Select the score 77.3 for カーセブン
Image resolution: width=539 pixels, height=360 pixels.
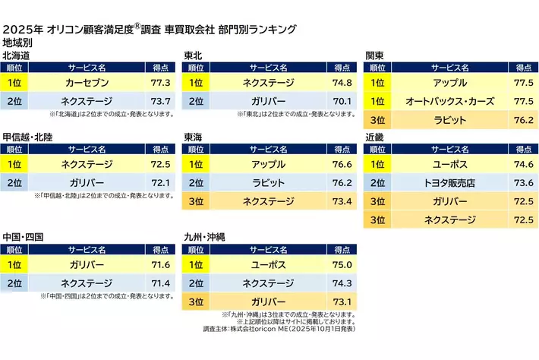(x=161, y=82)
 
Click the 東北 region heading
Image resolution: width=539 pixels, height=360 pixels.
(x=193, y=55)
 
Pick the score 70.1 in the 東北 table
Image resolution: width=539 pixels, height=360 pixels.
(x=342, y=101)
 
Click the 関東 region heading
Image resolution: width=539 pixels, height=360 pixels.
(x=374, y=55)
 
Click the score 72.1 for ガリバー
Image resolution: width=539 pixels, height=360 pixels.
(x=161, y=183)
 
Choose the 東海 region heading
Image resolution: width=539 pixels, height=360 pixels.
(x=193, y=137)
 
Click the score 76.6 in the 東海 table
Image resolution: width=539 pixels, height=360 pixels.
(x=342, y=164)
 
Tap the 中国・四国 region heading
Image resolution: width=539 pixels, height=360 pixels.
(x=24, y=237)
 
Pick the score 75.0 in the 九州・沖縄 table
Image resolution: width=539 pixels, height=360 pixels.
(x=342, y=264)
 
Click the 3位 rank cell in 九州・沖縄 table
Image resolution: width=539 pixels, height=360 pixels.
(x=195, y=302)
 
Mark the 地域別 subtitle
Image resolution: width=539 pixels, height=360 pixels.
(x=18, y=43)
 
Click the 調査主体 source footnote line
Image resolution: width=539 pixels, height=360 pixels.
(x=280, y=329)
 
